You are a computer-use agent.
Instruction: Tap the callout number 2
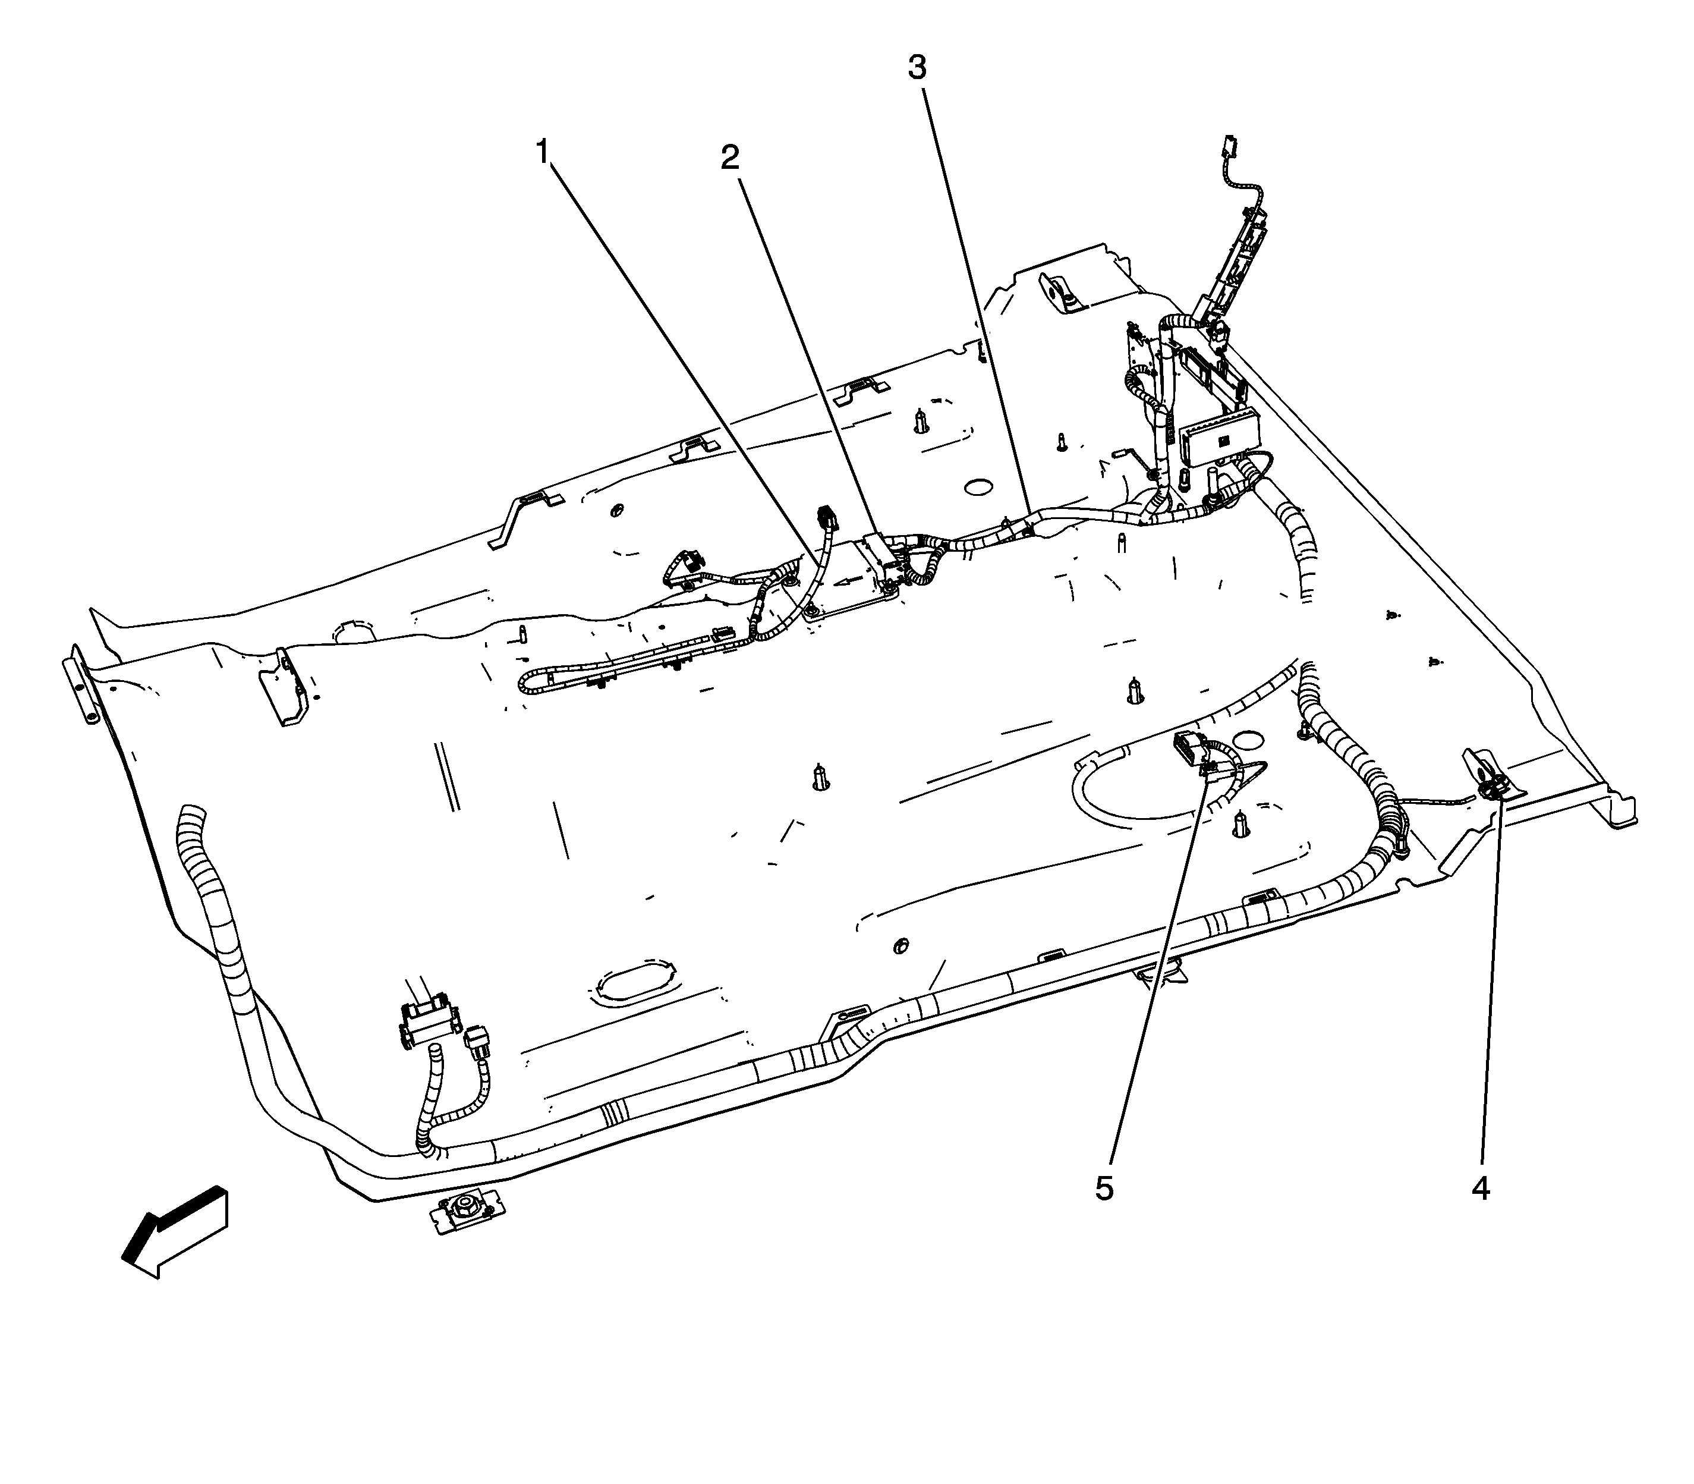pyautogui.click(x=729, y=158)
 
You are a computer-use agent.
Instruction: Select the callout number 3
pyautogui.click(x=916, y=68)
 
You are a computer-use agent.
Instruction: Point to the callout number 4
pyautogui.click(x=1481, y=1189)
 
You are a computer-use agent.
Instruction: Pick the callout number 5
pyautogui.click(x=1104, y=1189)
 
